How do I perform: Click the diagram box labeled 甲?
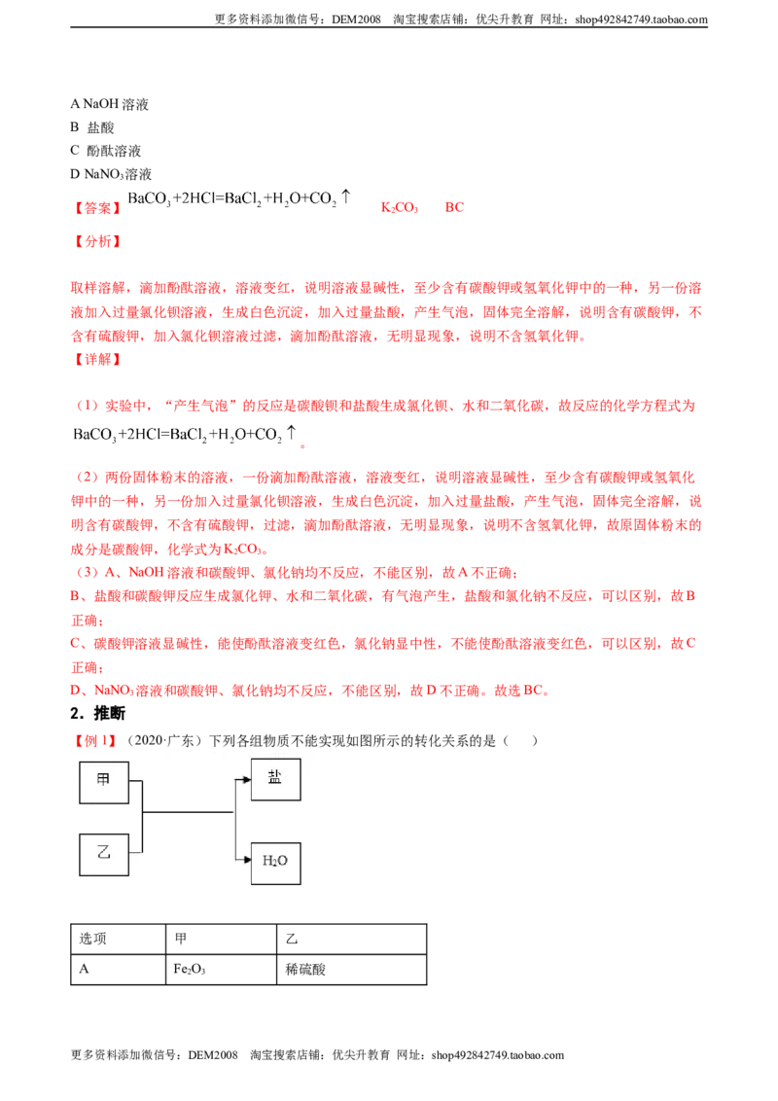[x=104, y=782]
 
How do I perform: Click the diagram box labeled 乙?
[x=104, y=855]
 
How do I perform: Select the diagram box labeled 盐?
[x=275, y=779]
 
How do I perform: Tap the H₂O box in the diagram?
[x=275, y=863]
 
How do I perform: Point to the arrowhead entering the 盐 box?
[x=246, y=779]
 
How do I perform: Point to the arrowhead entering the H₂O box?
[x=246, y=860]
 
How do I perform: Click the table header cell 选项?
[x=118, y=939]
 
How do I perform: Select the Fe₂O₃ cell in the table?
[x=221, y=970]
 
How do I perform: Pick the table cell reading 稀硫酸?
[x=352, y=970]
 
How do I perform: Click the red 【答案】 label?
[x=97, y=208]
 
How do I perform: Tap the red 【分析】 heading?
[x=97, y=241]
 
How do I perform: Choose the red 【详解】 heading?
[x=97, y=360]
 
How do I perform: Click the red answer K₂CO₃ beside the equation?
[x=400, y=208]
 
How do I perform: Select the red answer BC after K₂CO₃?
[x=454, y=207]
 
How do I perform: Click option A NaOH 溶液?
[x=110, y=105]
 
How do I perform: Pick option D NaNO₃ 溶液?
[x=111, y=174]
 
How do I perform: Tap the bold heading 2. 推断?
[x=97, y=713]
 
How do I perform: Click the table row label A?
[x=85, y=969]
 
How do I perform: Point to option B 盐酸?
[x=92, y=127]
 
